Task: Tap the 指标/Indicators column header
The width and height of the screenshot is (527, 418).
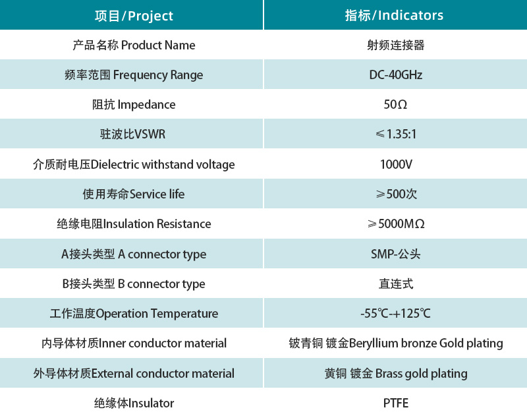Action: pos(395,15)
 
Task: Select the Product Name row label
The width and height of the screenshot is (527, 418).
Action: pos(134,45)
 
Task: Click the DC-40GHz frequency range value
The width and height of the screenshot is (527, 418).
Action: pos(395,75)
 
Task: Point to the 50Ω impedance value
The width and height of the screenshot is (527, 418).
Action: pos(395,104)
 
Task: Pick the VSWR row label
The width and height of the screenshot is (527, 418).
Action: pos(132,134)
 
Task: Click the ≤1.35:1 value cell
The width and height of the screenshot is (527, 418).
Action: pos(395,134)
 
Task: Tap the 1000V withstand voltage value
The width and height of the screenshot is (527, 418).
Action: pos(395,164)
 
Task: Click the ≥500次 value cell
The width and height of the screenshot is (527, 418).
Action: pos(395,194)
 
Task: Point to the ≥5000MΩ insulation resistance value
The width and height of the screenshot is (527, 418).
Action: pos(395,224)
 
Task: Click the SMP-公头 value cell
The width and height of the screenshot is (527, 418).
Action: pos(395,254)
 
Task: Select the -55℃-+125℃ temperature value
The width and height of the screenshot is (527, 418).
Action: pos(395,313)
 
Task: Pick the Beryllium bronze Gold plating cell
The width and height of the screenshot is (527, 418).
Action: pos(395,343)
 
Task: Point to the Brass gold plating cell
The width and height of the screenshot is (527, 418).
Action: pos(395,373)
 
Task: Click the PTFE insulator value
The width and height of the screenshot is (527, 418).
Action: pos(395,403)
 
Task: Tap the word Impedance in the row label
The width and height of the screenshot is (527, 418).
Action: pos(146,104)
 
